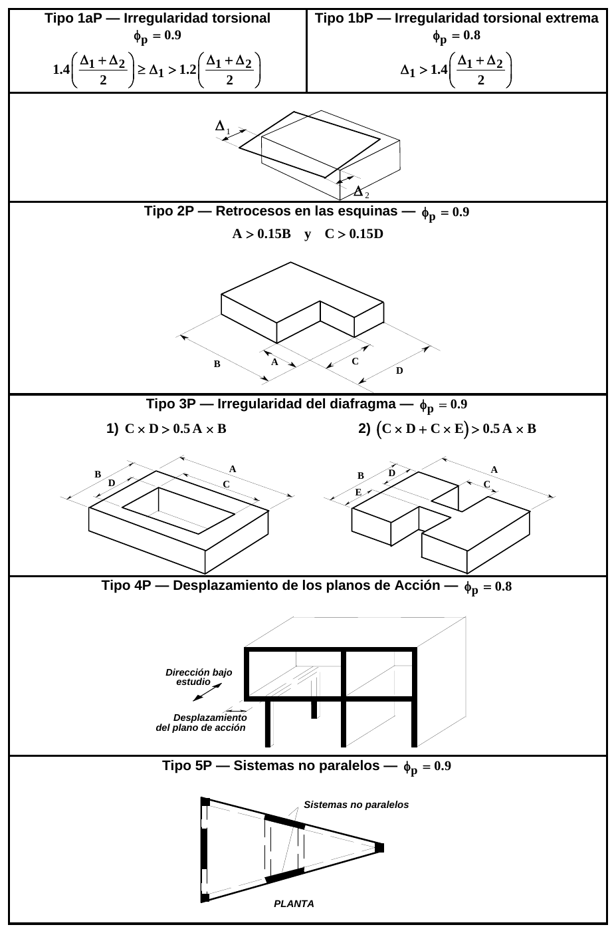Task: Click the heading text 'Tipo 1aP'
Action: coord(73,19)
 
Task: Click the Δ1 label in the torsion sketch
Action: coord(222,126)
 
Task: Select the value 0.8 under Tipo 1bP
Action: coord(472,35)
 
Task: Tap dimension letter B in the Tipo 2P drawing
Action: coord(217,364)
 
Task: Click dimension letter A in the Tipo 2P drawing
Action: coord(274,362)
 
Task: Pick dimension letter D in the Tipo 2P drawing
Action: coord(399,370)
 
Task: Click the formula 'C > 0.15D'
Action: coord(354,233)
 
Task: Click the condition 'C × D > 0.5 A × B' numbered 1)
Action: coord(175,429)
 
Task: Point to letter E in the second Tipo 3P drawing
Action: coord(358,492)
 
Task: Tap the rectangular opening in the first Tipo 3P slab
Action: coord(179,511)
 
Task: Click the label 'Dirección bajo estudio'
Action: coord(199,677)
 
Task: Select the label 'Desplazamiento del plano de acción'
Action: coord(201,723)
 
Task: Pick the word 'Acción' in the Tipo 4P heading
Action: coord(418,585)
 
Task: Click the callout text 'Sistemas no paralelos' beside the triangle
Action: coord(356,805)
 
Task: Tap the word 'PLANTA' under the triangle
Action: coord(294,904)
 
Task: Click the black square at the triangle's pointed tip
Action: coord(379,848)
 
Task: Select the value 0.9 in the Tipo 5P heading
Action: coord(443,766)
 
